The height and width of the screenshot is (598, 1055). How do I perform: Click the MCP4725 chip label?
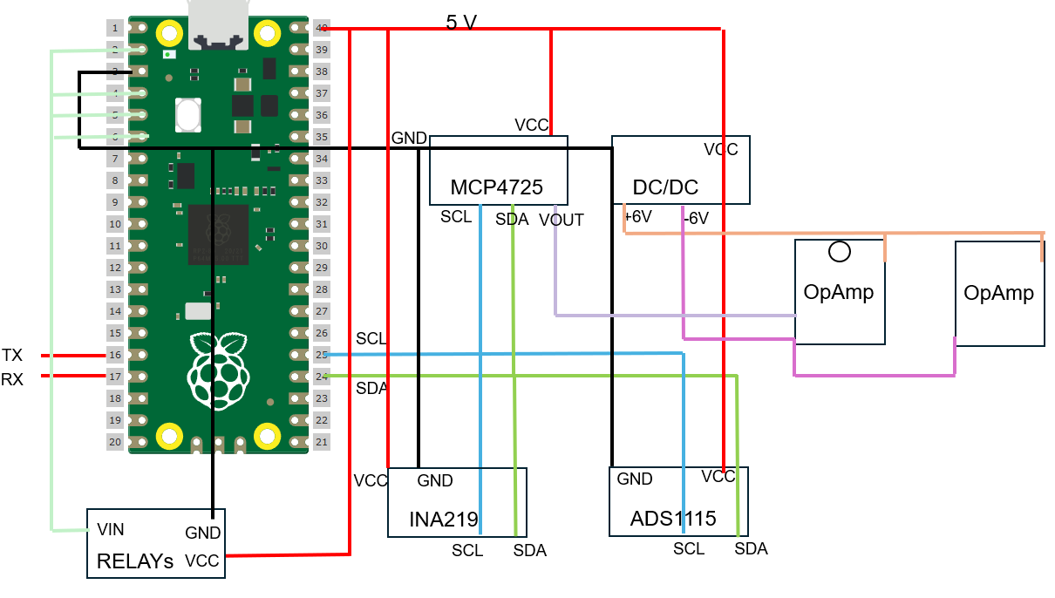(x=496, y=187)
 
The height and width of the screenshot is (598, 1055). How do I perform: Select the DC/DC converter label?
(x=665, y=187)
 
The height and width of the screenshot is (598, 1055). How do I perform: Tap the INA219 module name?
(x=444, y=520)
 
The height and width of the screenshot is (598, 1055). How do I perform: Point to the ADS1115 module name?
(x=673, y=519)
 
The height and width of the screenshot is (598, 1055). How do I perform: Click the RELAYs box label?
(x=135, y=561)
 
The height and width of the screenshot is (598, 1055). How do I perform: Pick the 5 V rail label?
(x=461, y=23)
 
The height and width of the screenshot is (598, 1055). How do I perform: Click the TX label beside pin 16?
(x=12, y=355)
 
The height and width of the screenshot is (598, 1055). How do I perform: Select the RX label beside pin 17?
(x=12, y=378)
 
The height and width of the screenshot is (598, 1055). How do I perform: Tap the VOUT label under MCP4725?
(x=562, y=220)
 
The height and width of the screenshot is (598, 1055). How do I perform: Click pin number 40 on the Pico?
(x=322, y=28)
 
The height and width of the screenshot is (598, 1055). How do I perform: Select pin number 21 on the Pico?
(x=322, y=442)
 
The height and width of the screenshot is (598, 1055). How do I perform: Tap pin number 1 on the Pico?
(x=115, y=28)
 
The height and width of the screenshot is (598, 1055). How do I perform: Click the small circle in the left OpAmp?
(x=840, y=252)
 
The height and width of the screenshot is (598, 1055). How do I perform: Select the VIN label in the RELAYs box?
(x=111, y=529)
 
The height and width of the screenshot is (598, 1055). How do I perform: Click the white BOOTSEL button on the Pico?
(x=188, y=113)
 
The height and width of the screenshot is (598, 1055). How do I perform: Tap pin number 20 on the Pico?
(x=115, y=442)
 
